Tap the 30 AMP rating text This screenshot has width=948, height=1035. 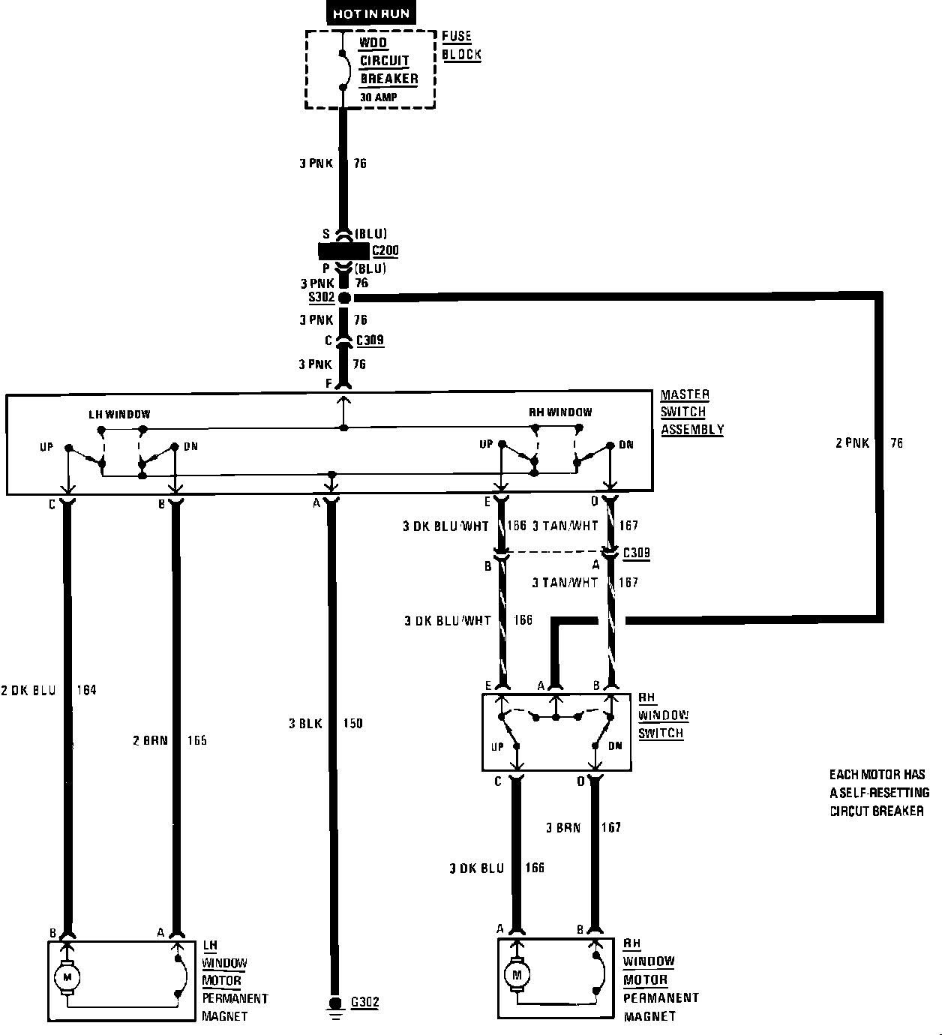tap(379, 97)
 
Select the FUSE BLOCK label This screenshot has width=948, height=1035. tap(461, 45)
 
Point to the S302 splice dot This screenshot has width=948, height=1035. tap(344, 298)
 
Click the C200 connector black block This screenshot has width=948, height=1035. tap(343, 250)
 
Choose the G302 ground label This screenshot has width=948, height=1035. tap(364, 1002)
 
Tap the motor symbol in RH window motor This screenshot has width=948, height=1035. tap(515, 975)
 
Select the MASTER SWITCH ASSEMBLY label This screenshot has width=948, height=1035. tap(691, 412)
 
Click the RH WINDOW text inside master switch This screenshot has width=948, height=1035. tap(559, 412)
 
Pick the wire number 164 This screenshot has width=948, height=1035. tap(86, 690)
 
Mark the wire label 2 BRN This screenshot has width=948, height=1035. tap(146, 740)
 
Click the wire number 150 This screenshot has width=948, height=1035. tap(352, 724)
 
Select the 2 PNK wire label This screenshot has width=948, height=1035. tap(852, 443)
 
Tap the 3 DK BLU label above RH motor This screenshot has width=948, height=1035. tap(476, 868)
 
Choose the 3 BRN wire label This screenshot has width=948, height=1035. tap(562, 827)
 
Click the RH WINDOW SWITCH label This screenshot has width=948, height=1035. tap(663, 715)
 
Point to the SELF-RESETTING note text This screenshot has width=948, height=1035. tap(879, 793)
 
